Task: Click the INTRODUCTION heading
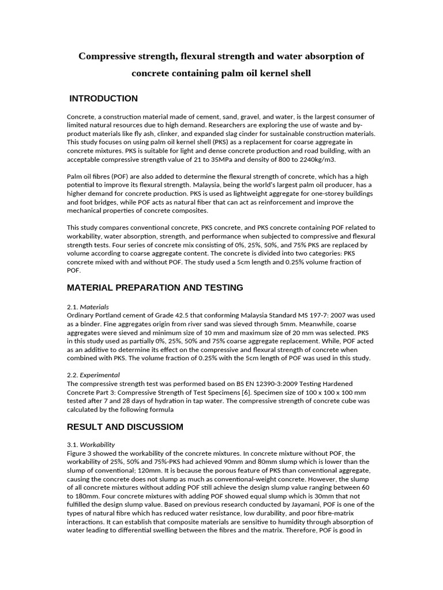pos(103,99)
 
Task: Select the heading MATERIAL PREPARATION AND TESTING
pos(155,288)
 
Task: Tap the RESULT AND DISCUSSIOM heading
pos(125,427)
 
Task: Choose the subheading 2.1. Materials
pos(88,307)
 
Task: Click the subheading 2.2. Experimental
pos(93,375)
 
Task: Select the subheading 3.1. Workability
pos(91,444)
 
